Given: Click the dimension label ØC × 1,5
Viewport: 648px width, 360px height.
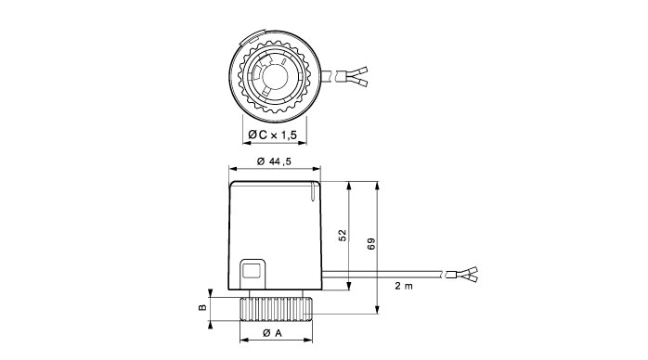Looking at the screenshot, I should pos(275,137).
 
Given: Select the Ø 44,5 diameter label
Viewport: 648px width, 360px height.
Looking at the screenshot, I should pos(274,162).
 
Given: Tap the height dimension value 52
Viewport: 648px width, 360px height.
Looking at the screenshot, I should pos(343,236).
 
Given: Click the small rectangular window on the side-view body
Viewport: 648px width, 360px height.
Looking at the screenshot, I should pos(251,270).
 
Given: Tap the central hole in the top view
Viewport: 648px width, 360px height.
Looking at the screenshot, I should pos(275,74).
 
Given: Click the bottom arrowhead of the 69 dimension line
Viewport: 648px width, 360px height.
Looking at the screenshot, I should pos(377,315).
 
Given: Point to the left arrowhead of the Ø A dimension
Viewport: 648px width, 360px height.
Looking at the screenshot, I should pos(242,341).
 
